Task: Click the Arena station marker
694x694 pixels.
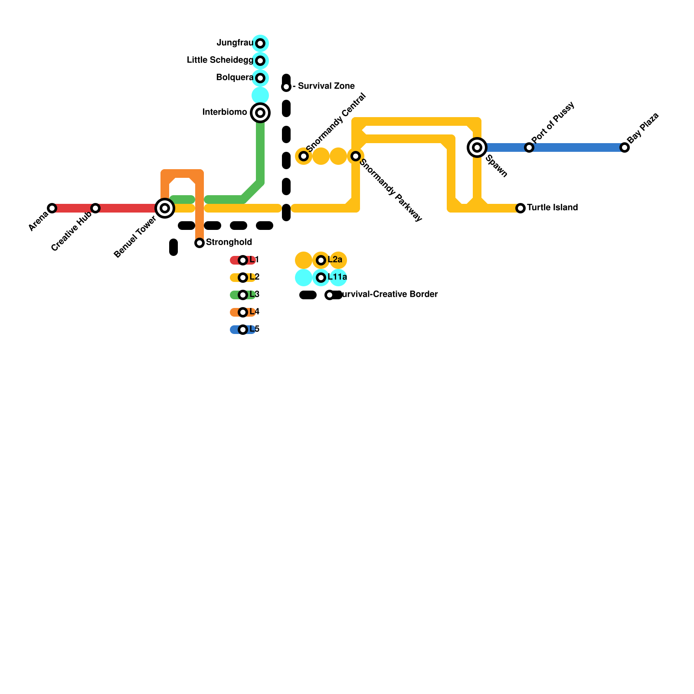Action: point(52,208)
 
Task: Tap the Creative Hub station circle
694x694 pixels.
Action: point(95,208)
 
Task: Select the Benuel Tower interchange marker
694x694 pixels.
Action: point(165,208)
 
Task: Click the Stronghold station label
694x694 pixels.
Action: point(229,242)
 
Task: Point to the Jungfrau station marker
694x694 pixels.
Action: point(260,43)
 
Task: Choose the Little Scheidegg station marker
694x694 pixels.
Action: point(260,61)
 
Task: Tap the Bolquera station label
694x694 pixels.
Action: point(234,78)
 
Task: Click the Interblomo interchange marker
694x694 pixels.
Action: point(260,113)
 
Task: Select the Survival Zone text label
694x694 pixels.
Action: point(326,86)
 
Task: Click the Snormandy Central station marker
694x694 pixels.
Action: point(304,156)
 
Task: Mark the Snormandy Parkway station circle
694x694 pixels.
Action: point(356,156)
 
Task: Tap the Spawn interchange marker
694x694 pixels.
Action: point(477,147)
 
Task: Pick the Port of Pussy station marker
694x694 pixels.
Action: point(529,147)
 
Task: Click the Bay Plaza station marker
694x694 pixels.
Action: point(625,147)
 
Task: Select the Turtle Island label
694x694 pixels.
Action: point(552,207)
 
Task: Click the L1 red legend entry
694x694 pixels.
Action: point(243,260)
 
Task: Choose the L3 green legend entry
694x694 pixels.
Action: point(243,295)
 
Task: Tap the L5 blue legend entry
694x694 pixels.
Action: point(243,330)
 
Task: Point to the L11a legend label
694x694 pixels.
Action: point(337,277)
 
